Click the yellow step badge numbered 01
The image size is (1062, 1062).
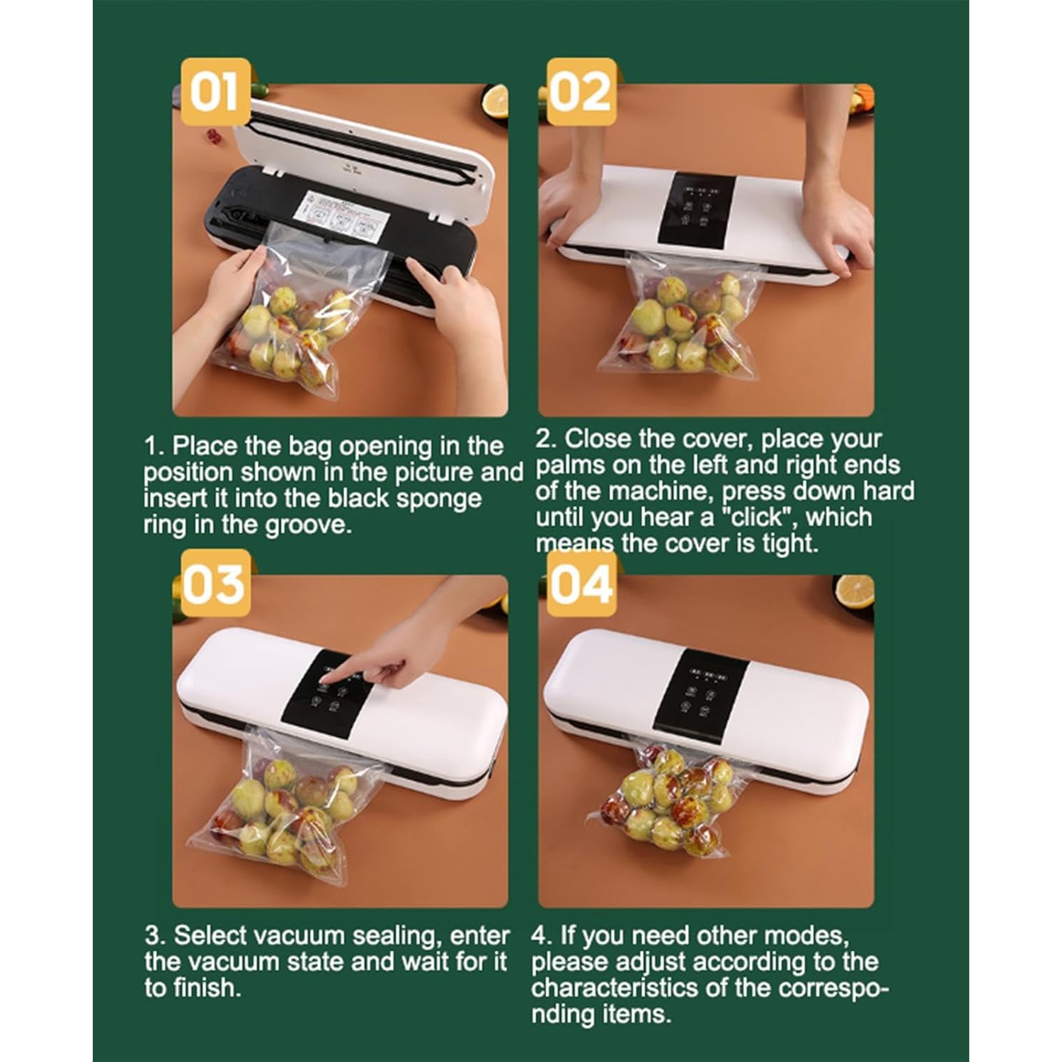coord(215,92)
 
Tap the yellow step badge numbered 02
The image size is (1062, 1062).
coord(581,92)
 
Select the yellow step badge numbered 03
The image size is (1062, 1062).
coord(215,583)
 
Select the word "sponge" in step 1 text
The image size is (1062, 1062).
coord(438,498)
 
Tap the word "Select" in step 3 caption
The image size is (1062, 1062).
coord(210,935)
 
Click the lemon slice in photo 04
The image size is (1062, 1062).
coord(855,591)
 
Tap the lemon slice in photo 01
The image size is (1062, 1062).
coord(495,101)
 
